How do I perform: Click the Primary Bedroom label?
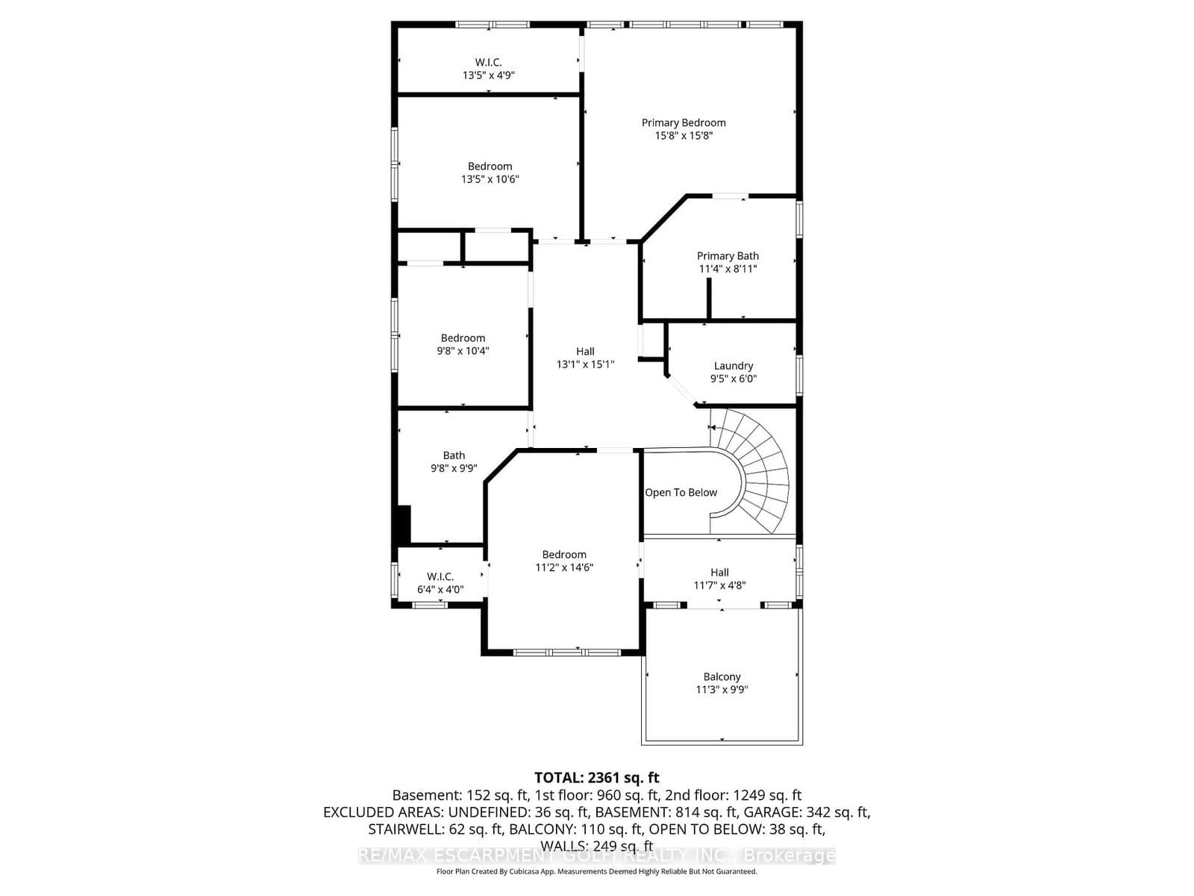pos(684,122)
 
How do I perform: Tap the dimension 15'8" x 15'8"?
pos(684,136)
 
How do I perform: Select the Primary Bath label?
pos(728,255)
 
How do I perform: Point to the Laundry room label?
pos(733,365)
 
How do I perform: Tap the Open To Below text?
pos(681,493)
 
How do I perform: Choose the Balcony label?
pos(722,676)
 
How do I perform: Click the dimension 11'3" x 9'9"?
pos(722,690)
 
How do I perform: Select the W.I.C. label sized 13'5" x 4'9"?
pos(488,62)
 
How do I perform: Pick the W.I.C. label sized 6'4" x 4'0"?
pos(440,576)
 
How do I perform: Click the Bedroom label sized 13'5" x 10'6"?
pos(490,166)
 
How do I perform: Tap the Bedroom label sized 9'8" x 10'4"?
pos(463,337)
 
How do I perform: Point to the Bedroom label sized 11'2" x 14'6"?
pos(564,554)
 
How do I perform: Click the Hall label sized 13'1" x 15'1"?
pos(585,351)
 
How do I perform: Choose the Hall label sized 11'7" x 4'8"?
pos(719,572)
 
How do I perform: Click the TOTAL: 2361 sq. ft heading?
pos(596,778)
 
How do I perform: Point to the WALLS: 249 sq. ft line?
pos(596,846)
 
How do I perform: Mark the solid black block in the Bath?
pos(403,524)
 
